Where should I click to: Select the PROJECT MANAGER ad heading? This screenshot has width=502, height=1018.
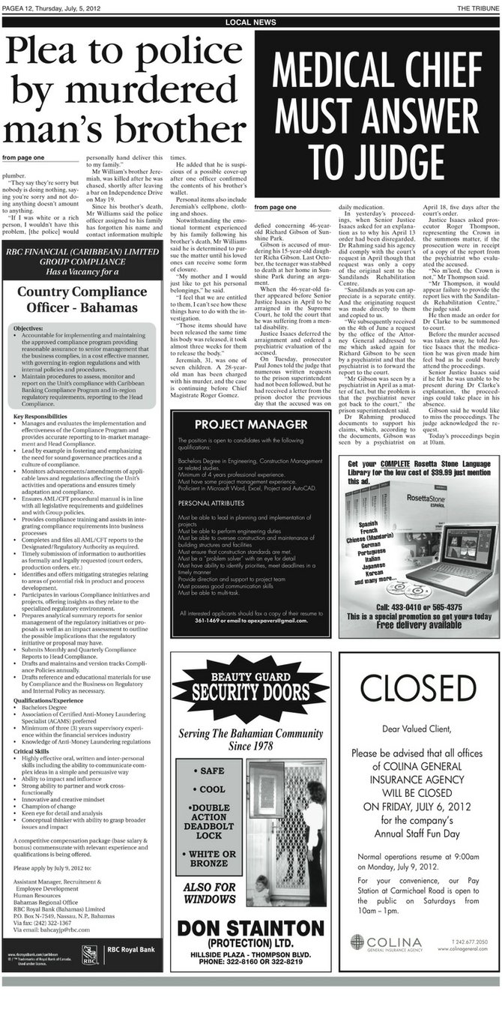click(x=250, y=424)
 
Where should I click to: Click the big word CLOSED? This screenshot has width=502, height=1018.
click(x=419, y=687)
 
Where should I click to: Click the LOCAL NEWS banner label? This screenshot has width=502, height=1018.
click(x=250, y=22)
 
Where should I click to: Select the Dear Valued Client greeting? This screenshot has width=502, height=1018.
click(x=417, y=728)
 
